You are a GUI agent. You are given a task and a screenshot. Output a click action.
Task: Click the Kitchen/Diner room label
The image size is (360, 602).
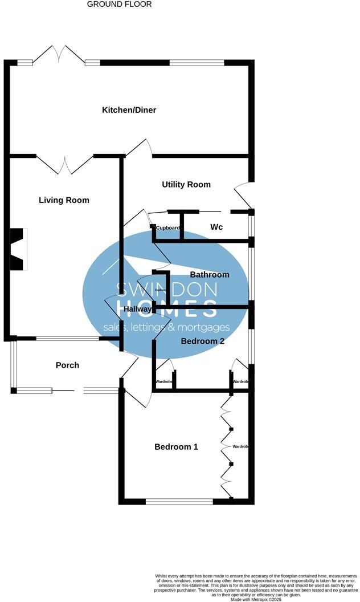coord(129,110)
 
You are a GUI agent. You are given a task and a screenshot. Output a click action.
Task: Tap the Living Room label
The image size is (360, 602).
coord(64,200)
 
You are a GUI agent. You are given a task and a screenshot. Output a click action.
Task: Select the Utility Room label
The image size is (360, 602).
coord(186,184)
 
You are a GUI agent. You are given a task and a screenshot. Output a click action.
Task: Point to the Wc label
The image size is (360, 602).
coord(216,227)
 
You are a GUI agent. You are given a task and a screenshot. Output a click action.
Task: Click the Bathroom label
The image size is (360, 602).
coord(210,274)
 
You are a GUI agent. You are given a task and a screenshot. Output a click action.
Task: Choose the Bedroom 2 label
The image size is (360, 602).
coord(202,341)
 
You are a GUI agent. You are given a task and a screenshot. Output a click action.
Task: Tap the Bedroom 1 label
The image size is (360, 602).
coord(176,446)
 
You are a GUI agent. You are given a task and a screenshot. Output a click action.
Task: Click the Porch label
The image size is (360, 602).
coord(67,365)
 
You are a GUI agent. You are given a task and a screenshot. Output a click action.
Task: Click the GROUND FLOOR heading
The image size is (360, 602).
coord(119,4)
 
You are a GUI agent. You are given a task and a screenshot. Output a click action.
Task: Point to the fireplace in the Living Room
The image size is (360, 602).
coord(18,249)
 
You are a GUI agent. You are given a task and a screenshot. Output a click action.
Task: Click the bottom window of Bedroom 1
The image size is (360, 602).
coord(179,502)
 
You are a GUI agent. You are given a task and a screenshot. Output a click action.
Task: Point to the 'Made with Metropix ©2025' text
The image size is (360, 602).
coord(257,599)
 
